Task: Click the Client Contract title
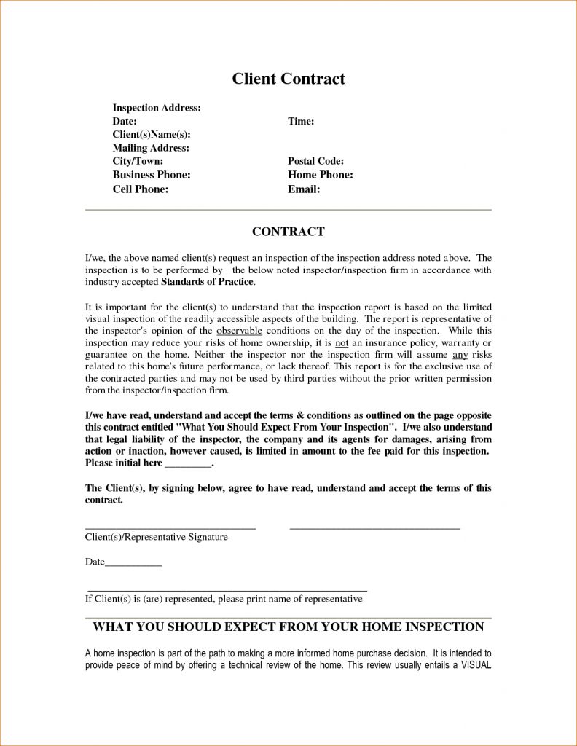[288, 78]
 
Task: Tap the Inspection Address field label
[157, 108]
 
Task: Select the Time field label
[301, 121]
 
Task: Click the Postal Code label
[316, 161]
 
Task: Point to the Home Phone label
[321, 175]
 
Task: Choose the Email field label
[305, 189]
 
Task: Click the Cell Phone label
[141, 189]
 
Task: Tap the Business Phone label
[152, 175]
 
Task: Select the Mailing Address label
[151, 148]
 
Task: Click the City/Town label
[138, 161]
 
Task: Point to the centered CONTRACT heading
[288, 232]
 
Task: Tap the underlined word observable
[239, 329]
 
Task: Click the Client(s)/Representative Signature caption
[157, 537]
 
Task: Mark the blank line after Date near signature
[133, 562]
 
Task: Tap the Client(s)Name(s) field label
[152, 135]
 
